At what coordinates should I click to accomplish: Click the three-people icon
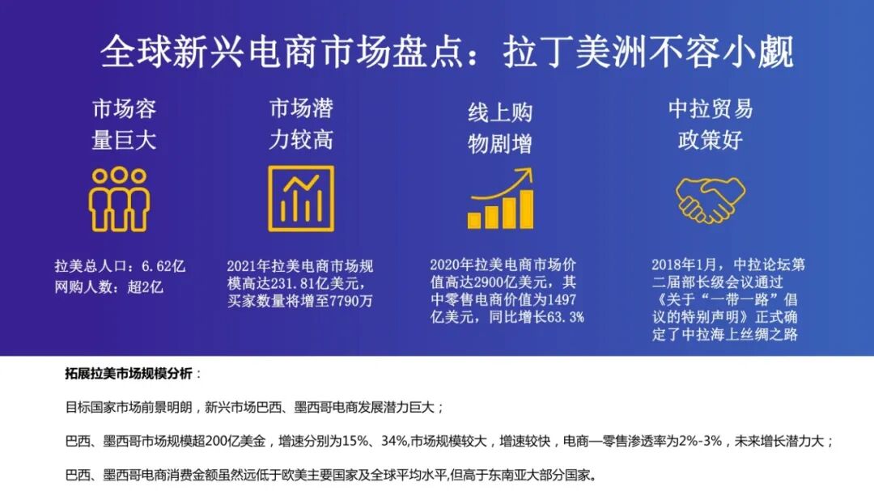(x=119, y=199)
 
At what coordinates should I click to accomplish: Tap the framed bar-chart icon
(x=301, y=199)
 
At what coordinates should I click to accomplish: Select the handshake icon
(x=710, y=200)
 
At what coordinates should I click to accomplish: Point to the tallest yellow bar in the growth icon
(x=527, y=209)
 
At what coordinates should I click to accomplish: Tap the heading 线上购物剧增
(x=500, y=128)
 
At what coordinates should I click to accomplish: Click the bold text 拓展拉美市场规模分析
(x=129, y=374)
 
